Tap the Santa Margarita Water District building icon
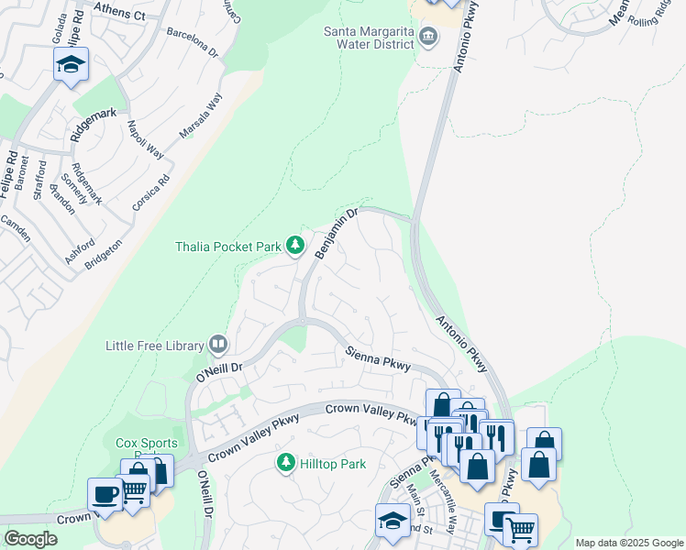coord(428,38)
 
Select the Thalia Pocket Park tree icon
coord(295,244)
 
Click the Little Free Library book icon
coord(218,345)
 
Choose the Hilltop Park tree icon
coord(287,464)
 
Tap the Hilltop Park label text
coord(333,464)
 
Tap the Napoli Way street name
coord(145,139)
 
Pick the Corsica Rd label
coord(151,193)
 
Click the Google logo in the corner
coord(30,538)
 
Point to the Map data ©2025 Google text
coord(629,543)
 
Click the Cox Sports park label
coord(146,443)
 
